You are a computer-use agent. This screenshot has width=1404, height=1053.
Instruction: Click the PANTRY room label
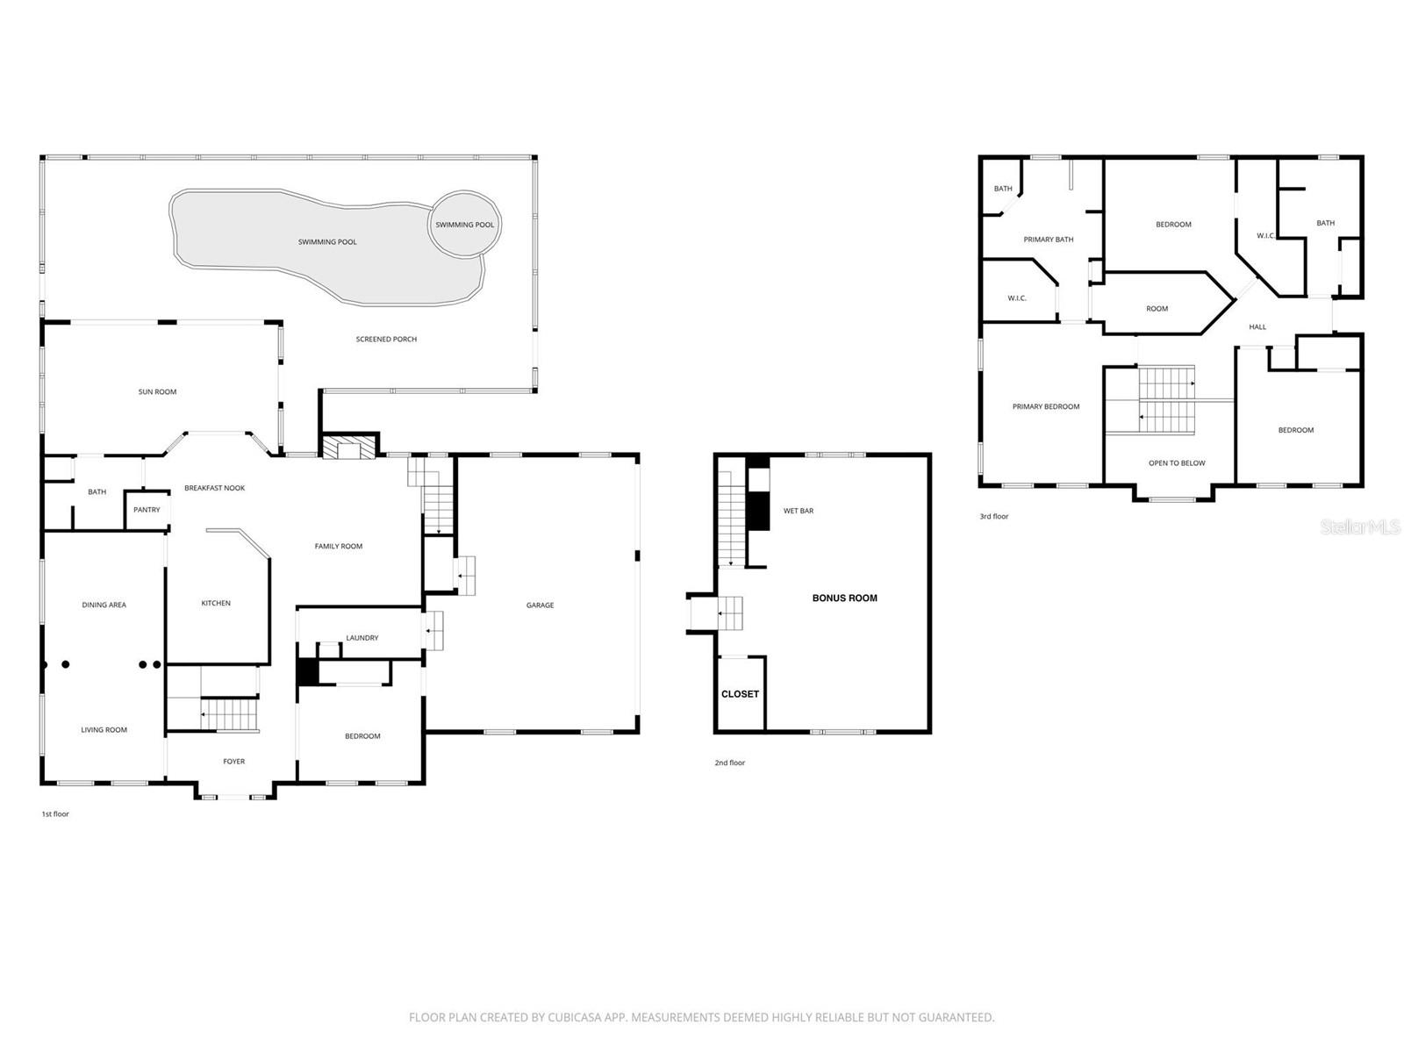pos(147,510)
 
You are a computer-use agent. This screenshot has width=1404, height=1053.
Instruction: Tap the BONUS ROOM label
pos(844,598)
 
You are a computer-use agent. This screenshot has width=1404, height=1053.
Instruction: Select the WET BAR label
pos(799,511)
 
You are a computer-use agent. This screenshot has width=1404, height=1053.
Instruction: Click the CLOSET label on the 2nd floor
pos(740,694)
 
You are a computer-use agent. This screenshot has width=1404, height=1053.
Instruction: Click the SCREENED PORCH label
pos(386,340)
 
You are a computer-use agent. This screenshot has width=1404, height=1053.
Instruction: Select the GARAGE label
pos(540,605)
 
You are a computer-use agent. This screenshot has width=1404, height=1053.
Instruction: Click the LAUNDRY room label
pos(362,638)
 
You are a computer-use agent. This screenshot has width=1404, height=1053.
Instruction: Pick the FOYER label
pos(233,762)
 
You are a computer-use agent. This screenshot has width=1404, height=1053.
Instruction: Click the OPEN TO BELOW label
pos(1177,463)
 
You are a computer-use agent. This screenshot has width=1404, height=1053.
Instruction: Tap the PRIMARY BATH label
pos(1048,240)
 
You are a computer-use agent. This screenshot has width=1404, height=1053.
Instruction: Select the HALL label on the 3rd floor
pos(1257,327)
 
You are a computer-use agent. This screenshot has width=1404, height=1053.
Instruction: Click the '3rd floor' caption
pos(994,517)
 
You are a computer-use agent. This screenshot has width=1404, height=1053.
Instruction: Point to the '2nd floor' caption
pos(729,763)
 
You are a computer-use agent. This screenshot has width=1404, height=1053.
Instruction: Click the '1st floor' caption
pos(55,814)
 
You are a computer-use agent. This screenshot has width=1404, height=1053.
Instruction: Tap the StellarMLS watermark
pos(1360,527)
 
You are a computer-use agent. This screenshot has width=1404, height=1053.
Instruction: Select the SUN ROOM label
pos(157,392)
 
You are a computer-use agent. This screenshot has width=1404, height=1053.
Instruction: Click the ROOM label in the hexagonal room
pos(1157,309)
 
